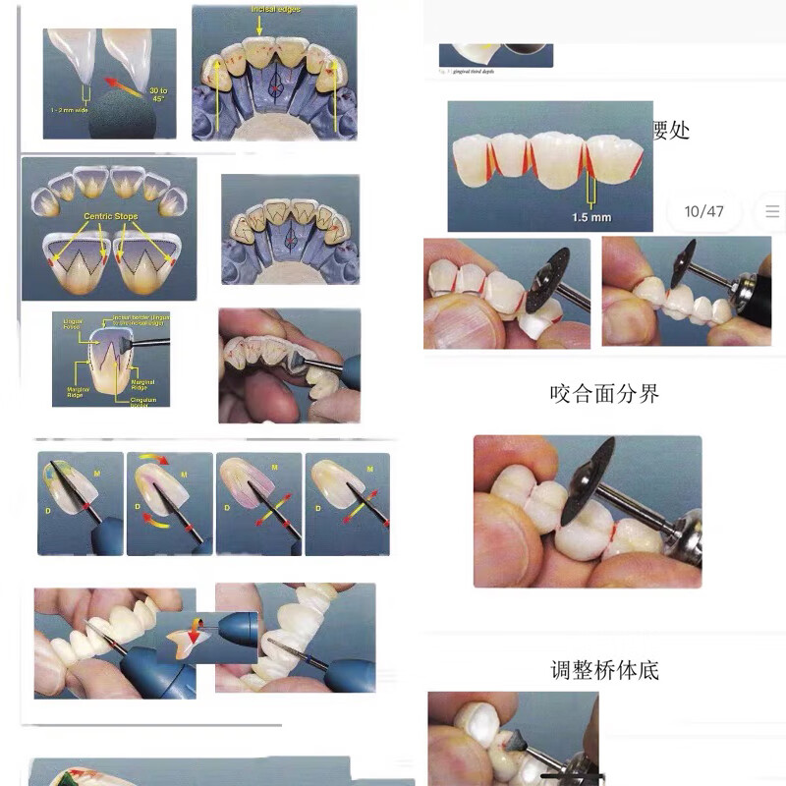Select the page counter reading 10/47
point(703,211)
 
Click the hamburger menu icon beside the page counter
point(772,211)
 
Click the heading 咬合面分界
point(604,394)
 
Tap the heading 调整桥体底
point(604,671)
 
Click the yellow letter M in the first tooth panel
point(96,475)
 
